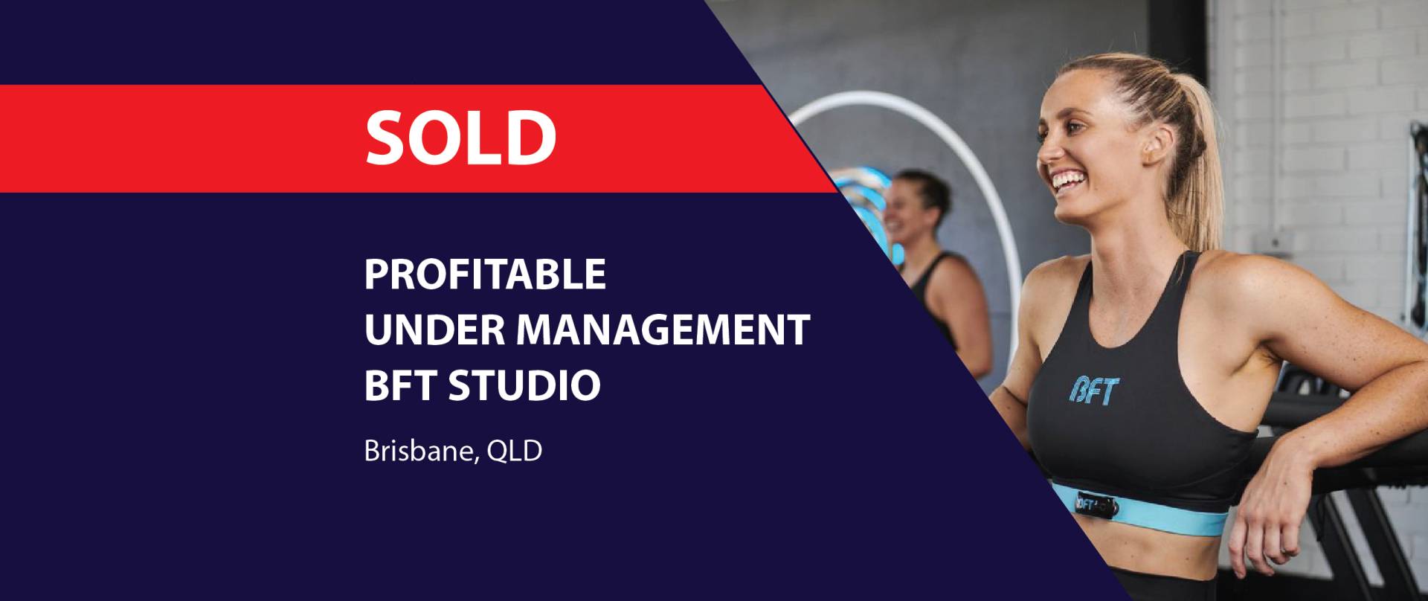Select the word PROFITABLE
pyautogui.click(x=485, y=274)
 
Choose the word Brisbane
pyautogui.click(x=417, y=451)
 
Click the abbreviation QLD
pyautogui.click(x=514, y=451)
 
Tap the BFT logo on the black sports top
pyautogui.click(x=1093, y=390)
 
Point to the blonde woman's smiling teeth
pyautogui.click(x=1068, y=180)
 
